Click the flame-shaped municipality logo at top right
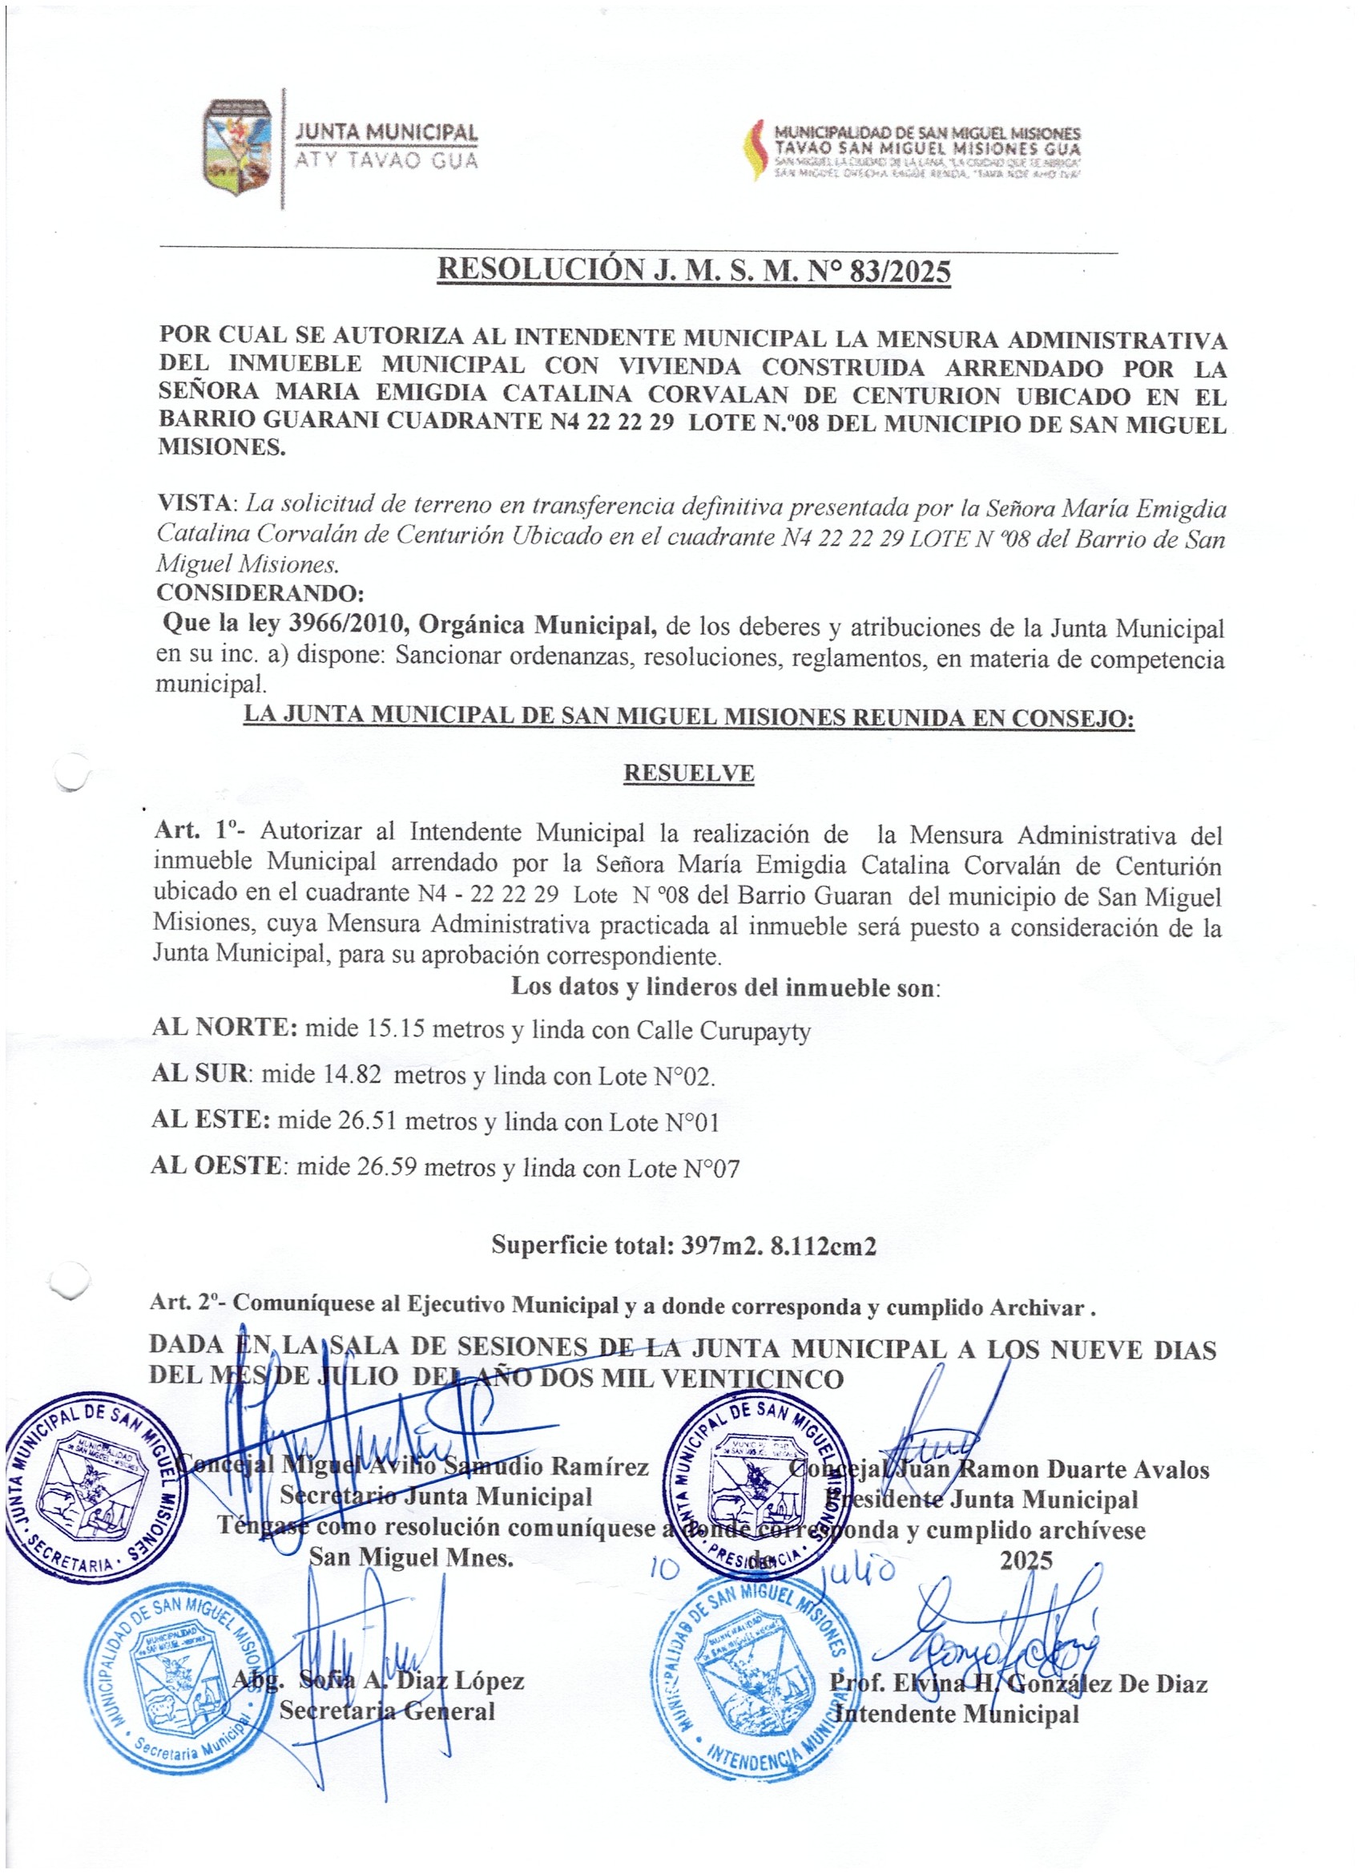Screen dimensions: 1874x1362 click(754, 151)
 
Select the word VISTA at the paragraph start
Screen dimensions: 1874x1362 click(195, 503)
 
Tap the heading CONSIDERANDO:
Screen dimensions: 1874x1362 click(260, 593)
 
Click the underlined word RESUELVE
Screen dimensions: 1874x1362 click(688, 773)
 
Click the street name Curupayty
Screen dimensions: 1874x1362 click(755, 1032)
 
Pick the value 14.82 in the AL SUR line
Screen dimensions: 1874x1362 click(350, 1075)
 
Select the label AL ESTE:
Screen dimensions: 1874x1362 click(211, 1121)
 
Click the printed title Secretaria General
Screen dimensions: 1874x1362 click(386, 1710)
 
